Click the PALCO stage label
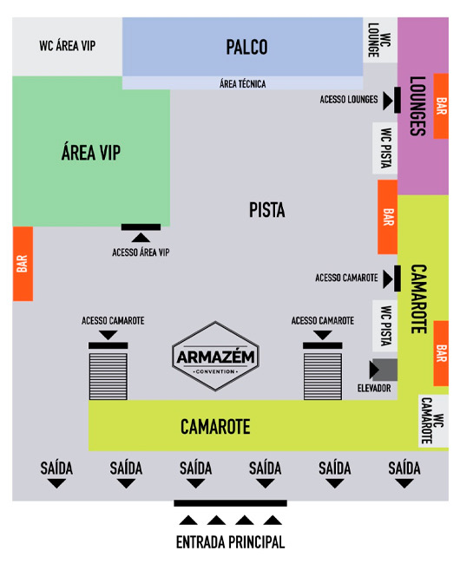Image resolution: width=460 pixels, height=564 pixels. pos(246,47)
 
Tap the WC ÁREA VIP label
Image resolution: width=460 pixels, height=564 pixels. pos(67,46)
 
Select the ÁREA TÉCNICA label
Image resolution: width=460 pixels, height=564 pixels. pos(243,84)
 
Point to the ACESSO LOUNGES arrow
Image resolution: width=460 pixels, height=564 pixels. pos(388,101)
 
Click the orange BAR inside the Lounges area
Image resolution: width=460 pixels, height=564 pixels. pos(441,106)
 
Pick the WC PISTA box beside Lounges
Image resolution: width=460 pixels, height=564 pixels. pos(384,148)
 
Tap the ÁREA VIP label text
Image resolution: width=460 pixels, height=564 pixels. pos(91,152)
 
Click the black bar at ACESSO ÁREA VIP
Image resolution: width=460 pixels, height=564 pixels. pos(141,227)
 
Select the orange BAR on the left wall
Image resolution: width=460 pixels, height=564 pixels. pos(23,264)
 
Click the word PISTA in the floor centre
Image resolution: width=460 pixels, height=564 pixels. pos(267,210)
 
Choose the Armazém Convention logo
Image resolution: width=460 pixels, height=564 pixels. pos(215,356)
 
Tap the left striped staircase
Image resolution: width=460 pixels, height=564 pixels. pos(108,377)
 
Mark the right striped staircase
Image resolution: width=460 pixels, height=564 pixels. pos(323,377)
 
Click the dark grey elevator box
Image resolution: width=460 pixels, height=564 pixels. pos(384,370)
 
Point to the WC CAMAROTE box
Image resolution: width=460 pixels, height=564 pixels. pos(433,421)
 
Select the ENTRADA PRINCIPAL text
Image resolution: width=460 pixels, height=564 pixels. pos(230,542)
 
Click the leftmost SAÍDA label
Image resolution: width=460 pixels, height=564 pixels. pos(56,469)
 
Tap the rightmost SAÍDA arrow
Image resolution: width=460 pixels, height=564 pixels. pos(404,484)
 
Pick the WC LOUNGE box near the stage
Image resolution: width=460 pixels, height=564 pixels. pos(380,40)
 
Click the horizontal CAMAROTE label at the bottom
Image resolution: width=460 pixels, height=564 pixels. pos(215,427)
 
